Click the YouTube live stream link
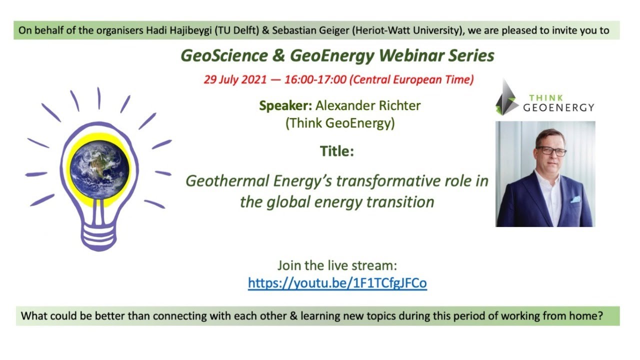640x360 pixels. [337, 283]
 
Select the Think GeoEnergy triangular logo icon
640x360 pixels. [506, 98]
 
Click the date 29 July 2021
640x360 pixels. [234, 80]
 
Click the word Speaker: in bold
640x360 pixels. [285, 106]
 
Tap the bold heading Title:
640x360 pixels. [337, 151]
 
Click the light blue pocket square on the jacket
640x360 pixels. [575, 199]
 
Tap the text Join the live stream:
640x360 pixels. [337, 265]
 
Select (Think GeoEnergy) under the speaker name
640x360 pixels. [340, 123]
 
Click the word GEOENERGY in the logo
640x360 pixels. [558, 107]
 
